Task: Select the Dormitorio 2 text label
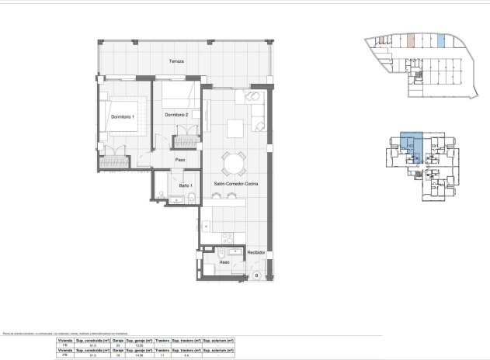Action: click(177, 114)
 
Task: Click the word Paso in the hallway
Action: click(179, 161)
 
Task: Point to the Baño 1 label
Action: click(184, 185)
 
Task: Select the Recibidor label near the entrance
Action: click(257, 253)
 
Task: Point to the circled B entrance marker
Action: click(255, 275)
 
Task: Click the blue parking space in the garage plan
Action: click(441, 40)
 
